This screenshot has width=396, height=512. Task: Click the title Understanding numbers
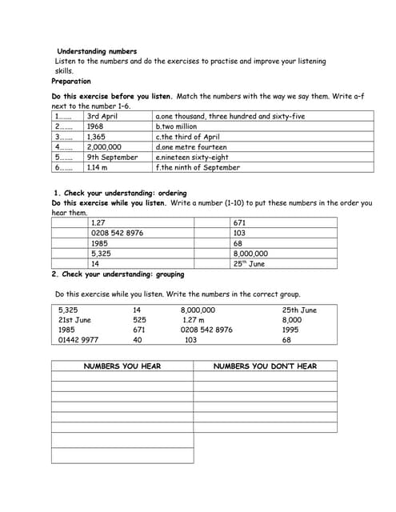click(97, 51)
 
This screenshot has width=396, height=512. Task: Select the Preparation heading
click(71, 81)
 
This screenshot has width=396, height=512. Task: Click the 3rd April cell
click(102, 117)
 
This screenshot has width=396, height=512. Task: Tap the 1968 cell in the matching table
click(95, 126)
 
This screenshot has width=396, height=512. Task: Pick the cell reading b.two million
click(176, 126)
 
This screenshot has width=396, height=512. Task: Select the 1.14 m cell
click(98, 167)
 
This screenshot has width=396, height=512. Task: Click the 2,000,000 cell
click(104, 147)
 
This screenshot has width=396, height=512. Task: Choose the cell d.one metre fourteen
click(191, 147)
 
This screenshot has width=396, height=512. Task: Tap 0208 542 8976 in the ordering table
click(117, 233)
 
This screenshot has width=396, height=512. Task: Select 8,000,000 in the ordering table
click(250, 254)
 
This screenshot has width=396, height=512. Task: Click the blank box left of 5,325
click(70, 254)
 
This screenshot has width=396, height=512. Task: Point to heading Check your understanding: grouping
click(118, 274)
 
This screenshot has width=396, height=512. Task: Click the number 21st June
click(75, 320)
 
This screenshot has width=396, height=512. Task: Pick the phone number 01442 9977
click(79, 340)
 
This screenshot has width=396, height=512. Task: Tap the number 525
click(139, 320)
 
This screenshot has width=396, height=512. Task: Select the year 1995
click(291, 330)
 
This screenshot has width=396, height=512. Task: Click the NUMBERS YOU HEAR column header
click(122, 366)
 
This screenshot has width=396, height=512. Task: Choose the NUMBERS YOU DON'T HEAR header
click(265, 366)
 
